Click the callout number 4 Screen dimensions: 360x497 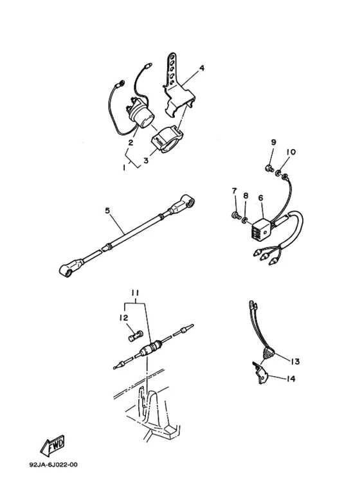[x=202, y=68]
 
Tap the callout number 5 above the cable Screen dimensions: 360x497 [x=107, y=210]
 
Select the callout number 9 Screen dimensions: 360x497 [x=273, y=142]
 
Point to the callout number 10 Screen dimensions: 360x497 [x=291, y=152]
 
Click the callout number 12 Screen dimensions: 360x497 [x=123, y=317]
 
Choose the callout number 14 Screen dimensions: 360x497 [x=291, y=379]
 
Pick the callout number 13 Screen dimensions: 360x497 [x=294, y=361]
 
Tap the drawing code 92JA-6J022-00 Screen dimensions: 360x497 [x=53, y=465]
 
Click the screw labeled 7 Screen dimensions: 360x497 [x=235, y=216]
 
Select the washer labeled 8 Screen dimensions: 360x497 [x=245, y=220]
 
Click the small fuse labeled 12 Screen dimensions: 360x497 [x=136, y=336]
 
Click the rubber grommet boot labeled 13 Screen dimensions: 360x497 [x=269, y=354]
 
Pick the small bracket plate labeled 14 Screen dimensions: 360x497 [x=260, y=373]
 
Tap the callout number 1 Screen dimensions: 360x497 [x=124, y=168]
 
